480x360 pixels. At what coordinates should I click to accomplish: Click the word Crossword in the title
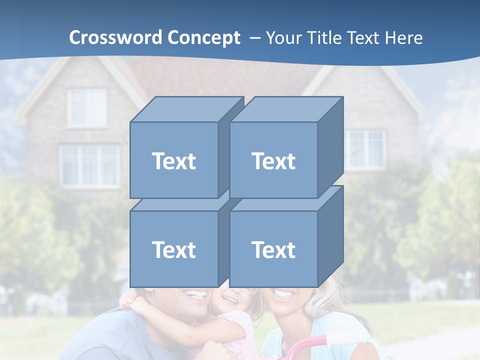tap(116, 38)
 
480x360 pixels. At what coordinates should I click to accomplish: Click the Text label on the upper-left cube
tap(174, 161)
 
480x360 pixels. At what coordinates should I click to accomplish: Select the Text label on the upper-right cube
tap(273, 161)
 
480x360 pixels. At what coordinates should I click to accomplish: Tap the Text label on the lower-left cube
tap(174, 250)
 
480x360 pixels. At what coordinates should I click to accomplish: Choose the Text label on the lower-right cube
tap(273, 250)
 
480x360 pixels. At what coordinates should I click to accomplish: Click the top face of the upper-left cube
tap(186, 109)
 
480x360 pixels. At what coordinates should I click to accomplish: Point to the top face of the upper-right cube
tap(285, 109)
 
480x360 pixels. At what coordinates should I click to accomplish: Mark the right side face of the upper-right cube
tap(330, 147)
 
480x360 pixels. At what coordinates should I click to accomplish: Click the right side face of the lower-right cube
tap(330, 236)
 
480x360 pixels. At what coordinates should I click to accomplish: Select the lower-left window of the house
tap(89, 165)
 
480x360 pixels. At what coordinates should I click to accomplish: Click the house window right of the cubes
tap(365, 148)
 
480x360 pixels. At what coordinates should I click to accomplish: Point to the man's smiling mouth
tap(196, 294)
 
